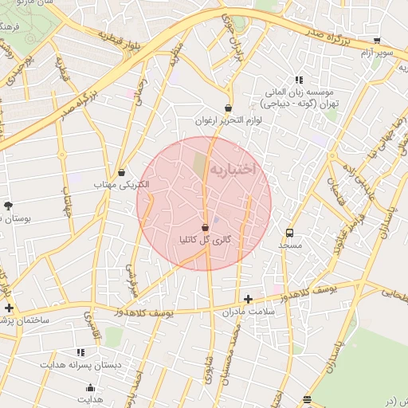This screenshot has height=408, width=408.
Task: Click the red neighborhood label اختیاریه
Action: pyautogui.click(x=232, y=170)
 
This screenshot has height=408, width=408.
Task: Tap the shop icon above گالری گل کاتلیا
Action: pyautogui.click(x=206, y=227)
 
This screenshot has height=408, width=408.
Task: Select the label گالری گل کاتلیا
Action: pyautogui.click(x=206, y=239)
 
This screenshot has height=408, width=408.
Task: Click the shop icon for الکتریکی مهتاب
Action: pyautogui.click(x=121, y=172)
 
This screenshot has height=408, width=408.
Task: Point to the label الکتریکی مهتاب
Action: pyautogui.click(x=121, y=185)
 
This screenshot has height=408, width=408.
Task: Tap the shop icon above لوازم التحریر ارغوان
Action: pyautogui.click(x=228, y=108)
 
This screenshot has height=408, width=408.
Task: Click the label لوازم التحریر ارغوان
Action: pyautogui.click(x=228, y=121)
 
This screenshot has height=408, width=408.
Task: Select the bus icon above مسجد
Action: pyautogui.click(x=288, y=233)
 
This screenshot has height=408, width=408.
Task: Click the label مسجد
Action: pyautogui.click(x=288, y=246)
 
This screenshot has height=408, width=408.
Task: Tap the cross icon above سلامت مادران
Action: pyautogui.click(x=249, y=300)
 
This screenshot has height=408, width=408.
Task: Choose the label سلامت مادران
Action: pyautogui.click(x=249, y=312)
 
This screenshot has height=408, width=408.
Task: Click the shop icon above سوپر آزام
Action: pyautogui.click(x=377, y=40)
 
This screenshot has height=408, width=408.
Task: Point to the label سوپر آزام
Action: pyautogui.click(x=377, y=52)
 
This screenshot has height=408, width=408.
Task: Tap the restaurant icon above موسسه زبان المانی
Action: pyautogui.click(x=299, y=80)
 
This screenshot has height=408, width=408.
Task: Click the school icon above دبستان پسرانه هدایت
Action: pyautogui.click(x=80, y=351)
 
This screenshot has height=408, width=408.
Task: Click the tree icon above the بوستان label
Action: pyautogui.click(x=8, y=205)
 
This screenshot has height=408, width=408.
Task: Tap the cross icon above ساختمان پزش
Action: pyautogui.click(x=9, y=308)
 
